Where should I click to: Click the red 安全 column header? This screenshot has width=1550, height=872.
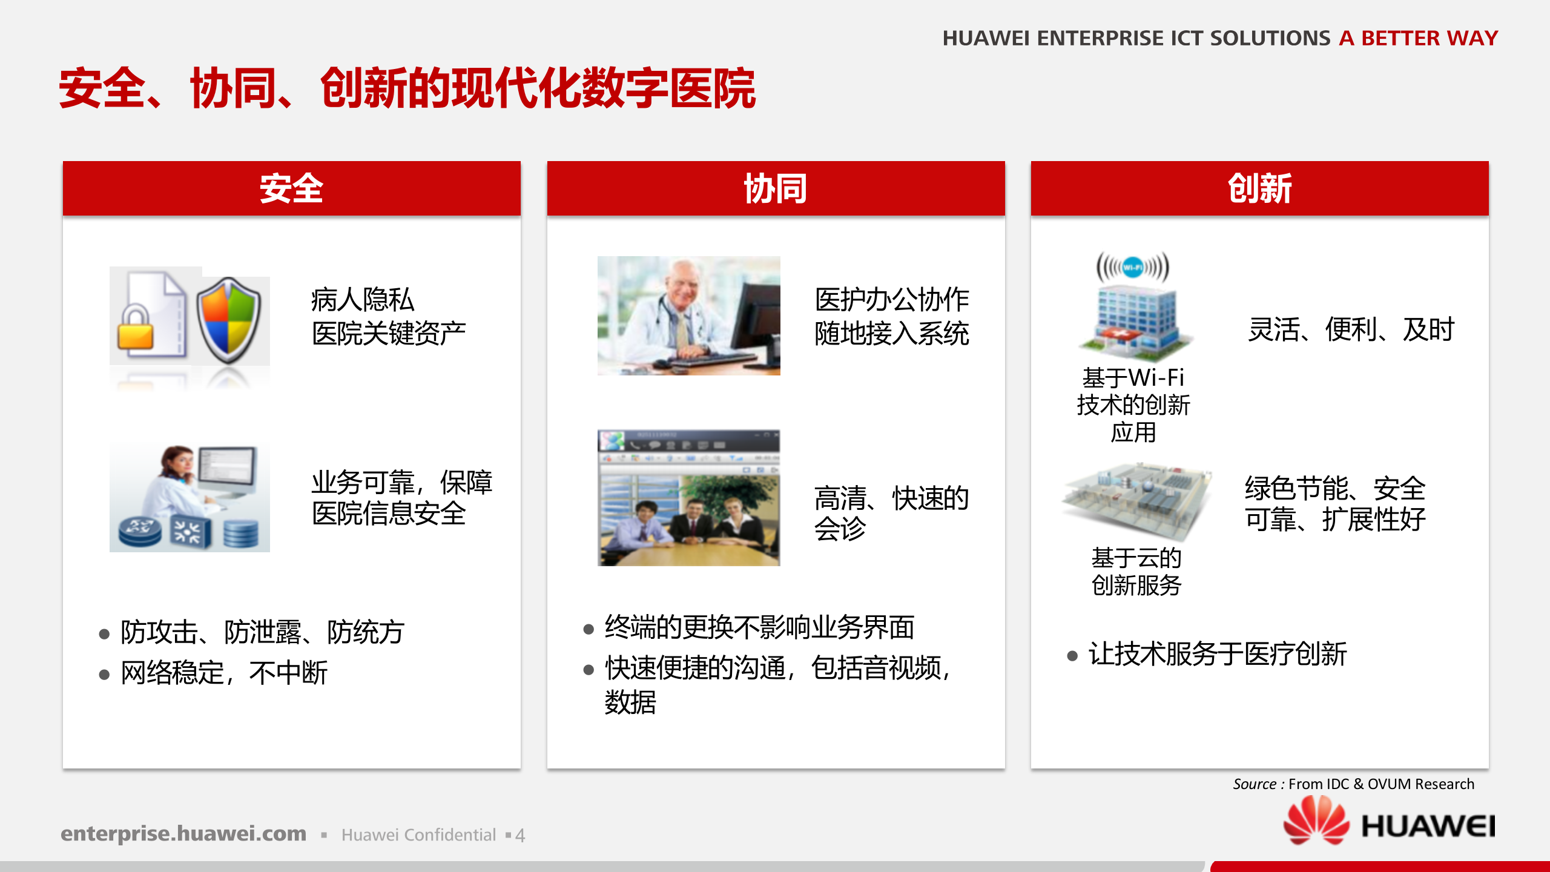[x=291, y=188]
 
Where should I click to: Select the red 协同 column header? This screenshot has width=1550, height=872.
[x=776, y=188]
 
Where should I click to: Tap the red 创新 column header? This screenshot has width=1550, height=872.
[x=1259, y=188]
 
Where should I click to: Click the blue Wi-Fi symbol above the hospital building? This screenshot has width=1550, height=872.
[x=1133, y=266]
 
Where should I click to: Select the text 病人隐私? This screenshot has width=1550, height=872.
[x=362, y=300]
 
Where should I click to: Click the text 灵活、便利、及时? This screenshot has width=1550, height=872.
[x=1350, y=330]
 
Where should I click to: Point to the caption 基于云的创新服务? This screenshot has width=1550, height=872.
[x=1136, y=572]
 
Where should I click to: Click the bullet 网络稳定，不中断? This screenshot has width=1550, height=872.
[x=224, y=673]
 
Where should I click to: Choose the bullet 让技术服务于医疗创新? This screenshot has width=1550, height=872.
[x=1217, y=654]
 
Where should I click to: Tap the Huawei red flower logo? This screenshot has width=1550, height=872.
[x=1316, y=821]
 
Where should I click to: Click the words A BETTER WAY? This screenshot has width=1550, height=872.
[x=1418, y=38]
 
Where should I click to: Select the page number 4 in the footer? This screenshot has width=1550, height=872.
[x=519, y=836]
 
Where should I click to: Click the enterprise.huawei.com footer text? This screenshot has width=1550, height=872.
[x=183, y=834]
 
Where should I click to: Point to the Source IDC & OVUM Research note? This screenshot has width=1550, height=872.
[x=1353, y=784]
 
